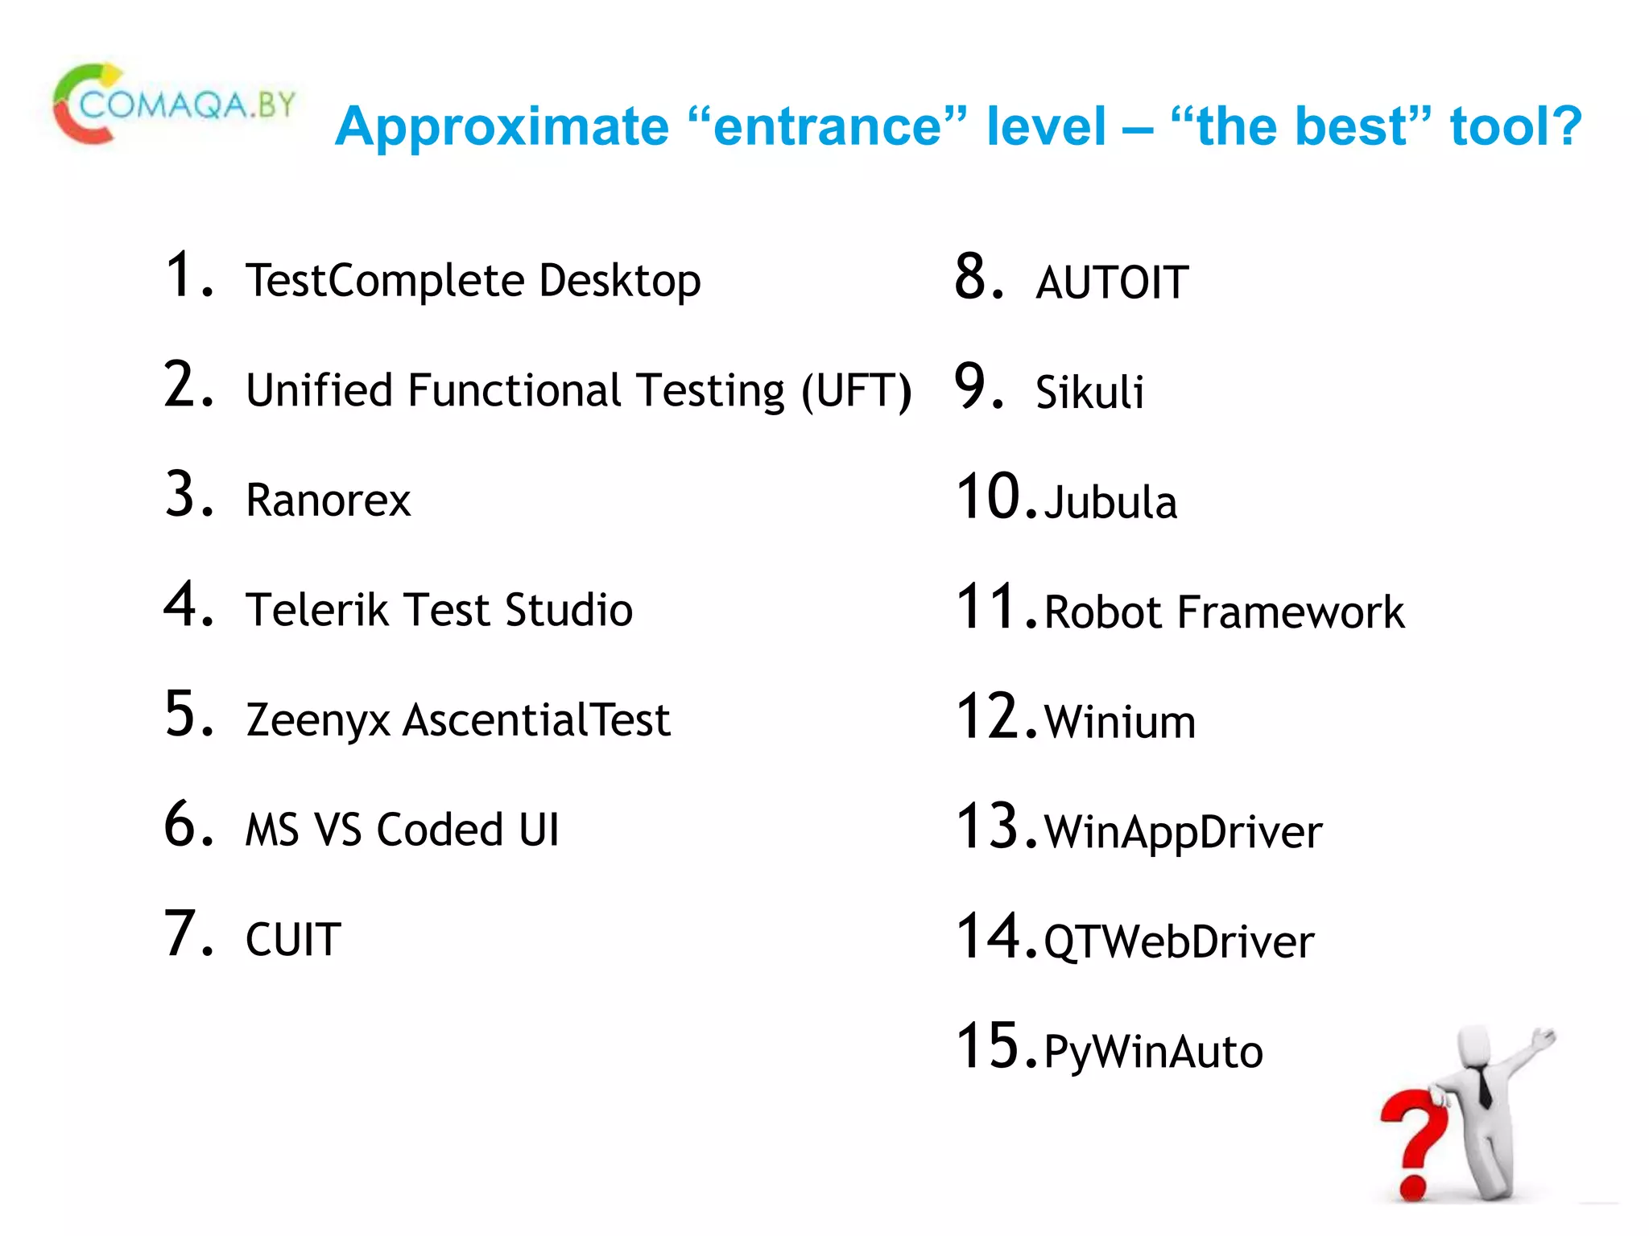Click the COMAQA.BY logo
pos(173,105)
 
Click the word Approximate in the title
pos(502,127)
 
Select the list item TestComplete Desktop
pos(473,281)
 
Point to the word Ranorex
pos(328,501)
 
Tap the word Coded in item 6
pos(440,830)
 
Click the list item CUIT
pos(293,940)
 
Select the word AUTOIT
pos(1111,283)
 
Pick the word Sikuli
pos(1089,393)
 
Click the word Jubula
pos(1110,503)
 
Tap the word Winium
pos(1119,722)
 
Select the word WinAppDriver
pos(1183,832)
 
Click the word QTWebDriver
pos(1179,942)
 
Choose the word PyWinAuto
pos(1153,1052)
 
